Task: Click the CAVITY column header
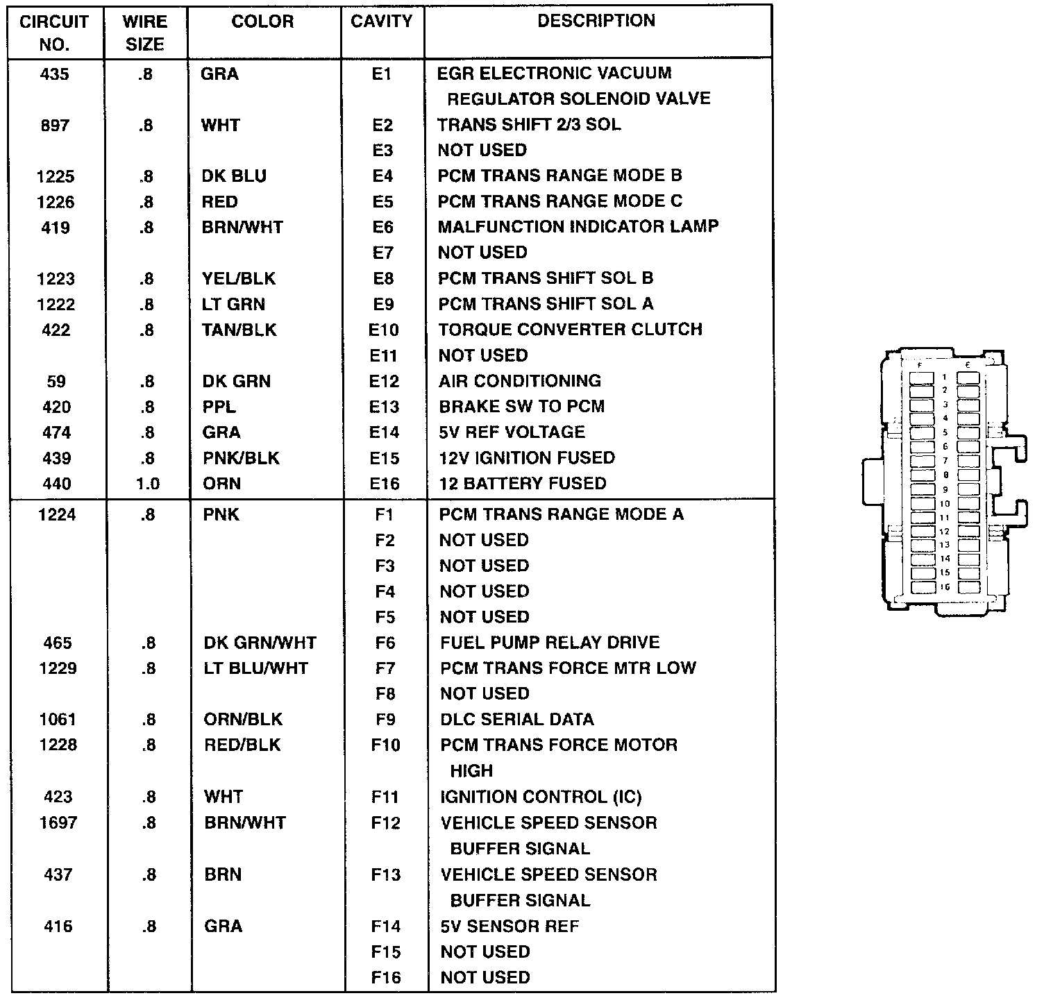(x=382, y=22)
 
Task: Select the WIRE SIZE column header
(x=144, y=33)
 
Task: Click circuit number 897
(x=55, y=125)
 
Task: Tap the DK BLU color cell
(x=234, y=176)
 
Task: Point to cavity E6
(x=382, y=228)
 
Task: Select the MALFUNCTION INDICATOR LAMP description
(x=578, y=226)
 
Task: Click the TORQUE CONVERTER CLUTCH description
(x=570, y=329)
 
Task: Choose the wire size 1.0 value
(x=148, y=484)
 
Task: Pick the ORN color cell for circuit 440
(x=221, y=484)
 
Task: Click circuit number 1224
(x=57, y=514)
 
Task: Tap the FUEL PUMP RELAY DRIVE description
(x=550, y=643)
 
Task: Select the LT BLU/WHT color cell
(x=255, y=668)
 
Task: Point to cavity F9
(x=385, y=720)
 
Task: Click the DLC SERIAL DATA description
(x=516, y=720)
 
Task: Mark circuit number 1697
(x=58, y=822)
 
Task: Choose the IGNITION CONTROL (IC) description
(x=541, y=797)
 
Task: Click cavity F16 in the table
(x=386, y=978)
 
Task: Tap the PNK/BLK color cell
(x=241, y=458)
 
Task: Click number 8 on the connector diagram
(x=945, y=475)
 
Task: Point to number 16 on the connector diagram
(x=945, y=587)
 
